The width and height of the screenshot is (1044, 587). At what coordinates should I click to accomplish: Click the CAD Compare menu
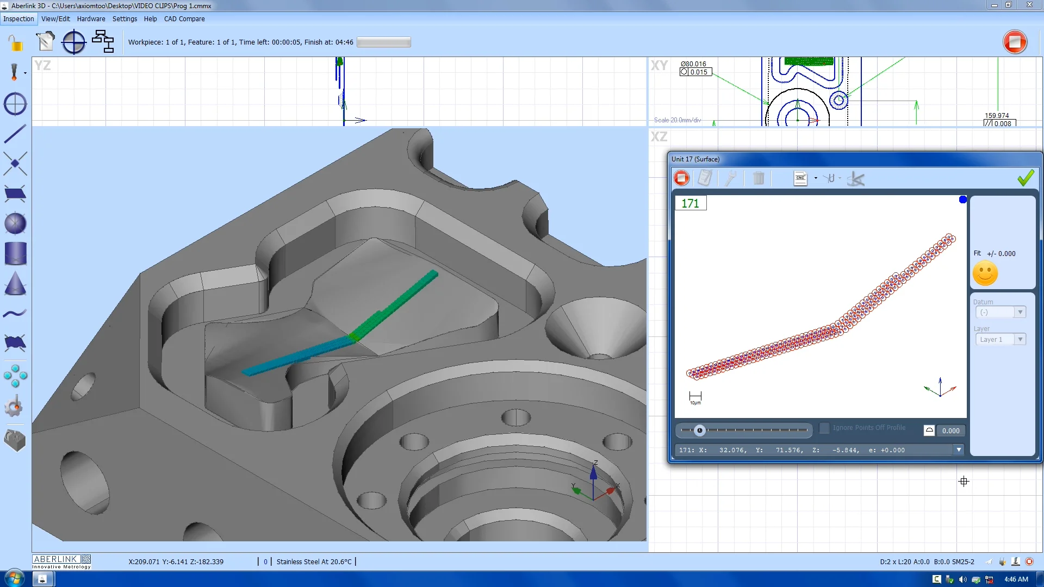click(184, 18)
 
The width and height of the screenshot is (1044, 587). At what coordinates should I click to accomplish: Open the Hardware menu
click(91, 18)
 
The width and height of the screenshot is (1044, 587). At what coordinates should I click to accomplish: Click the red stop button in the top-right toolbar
click(1015, 42)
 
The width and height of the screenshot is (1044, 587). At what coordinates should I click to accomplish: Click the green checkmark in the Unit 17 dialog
click(1026, 178)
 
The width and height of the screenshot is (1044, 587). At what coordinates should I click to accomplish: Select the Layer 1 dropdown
click(1000, 339)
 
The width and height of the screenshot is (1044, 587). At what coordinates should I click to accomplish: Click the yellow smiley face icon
click(985, 273)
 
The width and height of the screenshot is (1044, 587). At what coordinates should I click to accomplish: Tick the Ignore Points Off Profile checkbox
click(824, 428)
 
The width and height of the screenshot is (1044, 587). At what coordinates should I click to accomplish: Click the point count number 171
click(690, 203)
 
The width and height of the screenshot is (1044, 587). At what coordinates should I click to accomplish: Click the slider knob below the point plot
click(700, 430)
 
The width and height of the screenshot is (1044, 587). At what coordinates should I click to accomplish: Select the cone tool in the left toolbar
click(15, 284)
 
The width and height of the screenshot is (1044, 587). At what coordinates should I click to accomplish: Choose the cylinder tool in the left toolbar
click(15, 254)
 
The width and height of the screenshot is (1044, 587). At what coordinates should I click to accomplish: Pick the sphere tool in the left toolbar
click(15, 223)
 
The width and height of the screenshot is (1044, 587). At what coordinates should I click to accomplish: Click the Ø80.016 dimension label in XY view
click(693, 64)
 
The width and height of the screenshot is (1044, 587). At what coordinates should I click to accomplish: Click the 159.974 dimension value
click(996, 115)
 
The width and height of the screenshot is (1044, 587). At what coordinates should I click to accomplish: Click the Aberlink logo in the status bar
click(61, 561)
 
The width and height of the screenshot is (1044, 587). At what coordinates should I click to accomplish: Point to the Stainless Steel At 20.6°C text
click(314, 561)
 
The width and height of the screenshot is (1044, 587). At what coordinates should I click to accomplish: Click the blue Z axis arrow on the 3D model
click(593, 473)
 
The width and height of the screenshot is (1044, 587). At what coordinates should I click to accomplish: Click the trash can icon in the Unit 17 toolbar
click(758, 178)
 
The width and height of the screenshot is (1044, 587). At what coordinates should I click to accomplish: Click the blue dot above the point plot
click(962, 199)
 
